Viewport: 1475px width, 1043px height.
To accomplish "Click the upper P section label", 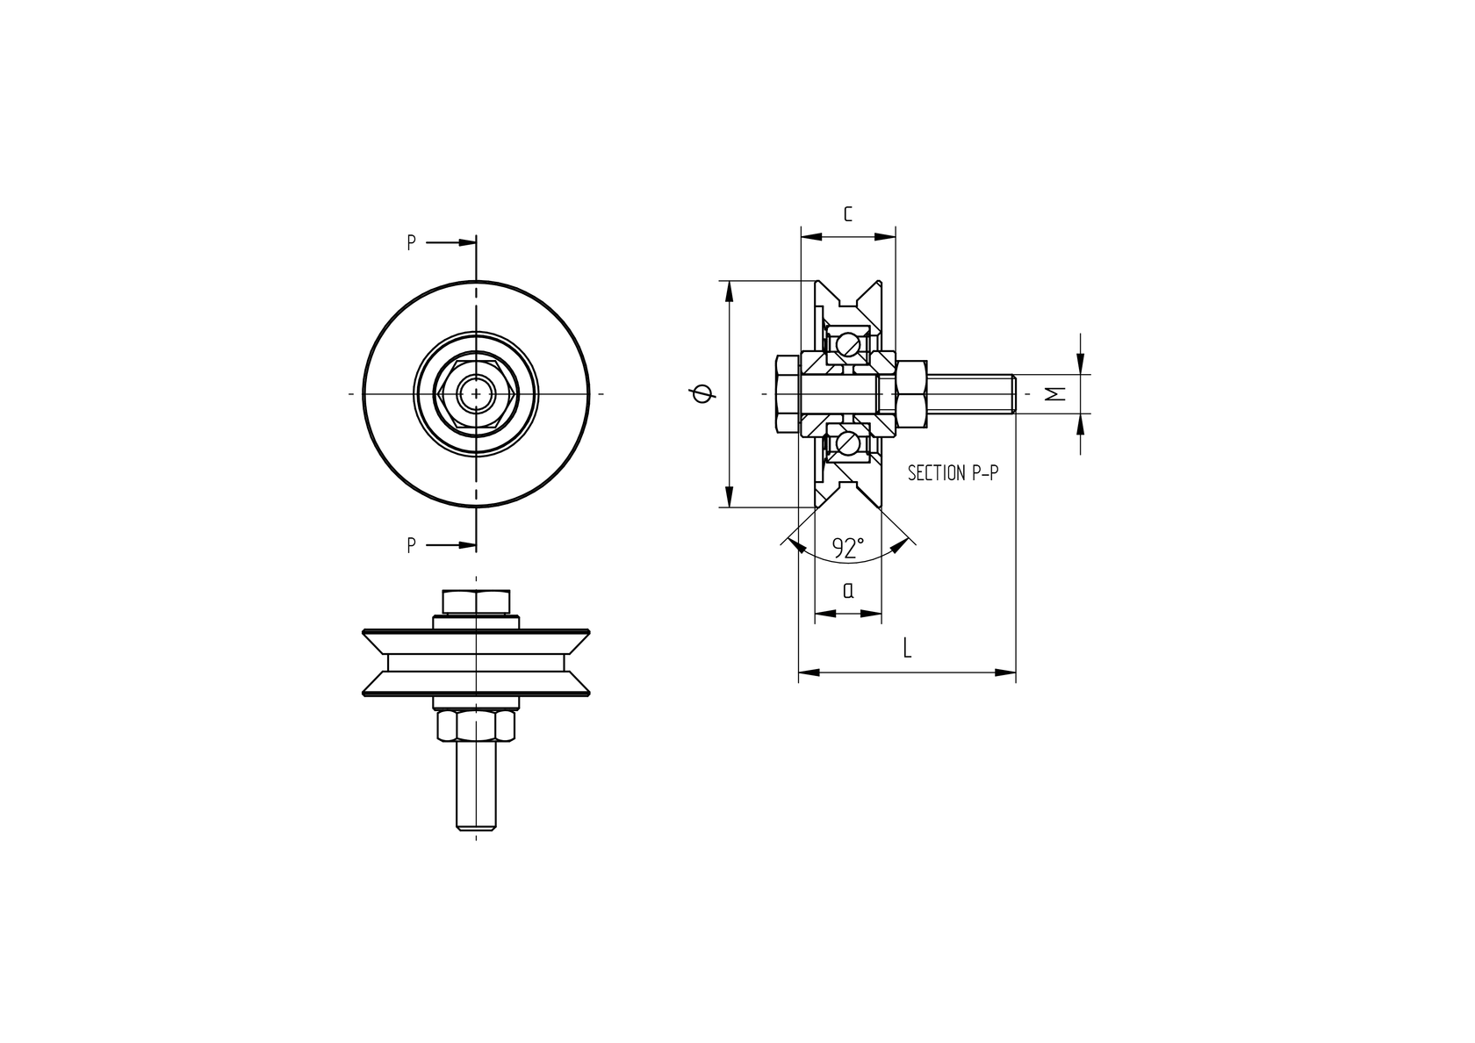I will [411, 243].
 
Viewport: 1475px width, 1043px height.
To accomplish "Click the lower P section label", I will [411, 545].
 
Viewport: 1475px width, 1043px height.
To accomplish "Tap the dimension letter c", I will [847, 213].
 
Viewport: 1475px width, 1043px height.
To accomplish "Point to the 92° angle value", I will [848, 548].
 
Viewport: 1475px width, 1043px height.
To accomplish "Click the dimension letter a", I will [847, 591].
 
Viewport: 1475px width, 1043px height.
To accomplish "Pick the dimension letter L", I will [907, 649].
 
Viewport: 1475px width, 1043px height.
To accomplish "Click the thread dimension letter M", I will [1057, 393].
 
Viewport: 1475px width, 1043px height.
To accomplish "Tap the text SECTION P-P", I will [953, 473].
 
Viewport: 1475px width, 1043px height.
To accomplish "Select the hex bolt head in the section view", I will [787, 394].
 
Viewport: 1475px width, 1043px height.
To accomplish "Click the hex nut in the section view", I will [911, 394].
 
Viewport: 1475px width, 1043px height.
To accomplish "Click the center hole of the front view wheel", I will [476, 394].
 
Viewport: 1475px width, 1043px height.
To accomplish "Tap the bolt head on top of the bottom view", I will [476, 601].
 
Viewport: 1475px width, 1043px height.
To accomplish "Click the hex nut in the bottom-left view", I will [476, 727].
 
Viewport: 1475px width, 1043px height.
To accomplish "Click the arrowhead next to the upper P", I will [466, 243].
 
